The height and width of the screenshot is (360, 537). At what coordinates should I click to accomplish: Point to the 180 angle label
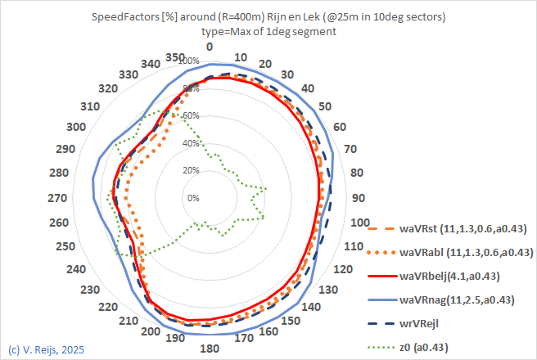210,349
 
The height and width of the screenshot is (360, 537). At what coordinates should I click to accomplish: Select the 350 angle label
174,57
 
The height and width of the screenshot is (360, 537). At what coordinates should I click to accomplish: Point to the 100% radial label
190,61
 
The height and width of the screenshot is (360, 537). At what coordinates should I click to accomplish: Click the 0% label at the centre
193,198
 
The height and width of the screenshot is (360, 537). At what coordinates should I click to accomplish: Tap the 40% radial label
192,143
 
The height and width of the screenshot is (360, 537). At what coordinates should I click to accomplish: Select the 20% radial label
192,170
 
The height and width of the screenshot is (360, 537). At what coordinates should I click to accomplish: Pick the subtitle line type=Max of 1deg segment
268,32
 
